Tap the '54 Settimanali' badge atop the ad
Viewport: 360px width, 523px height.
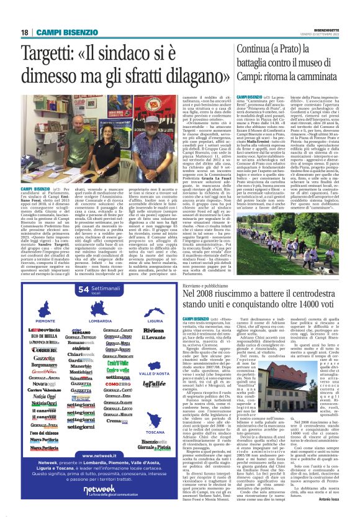point(104,291)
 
